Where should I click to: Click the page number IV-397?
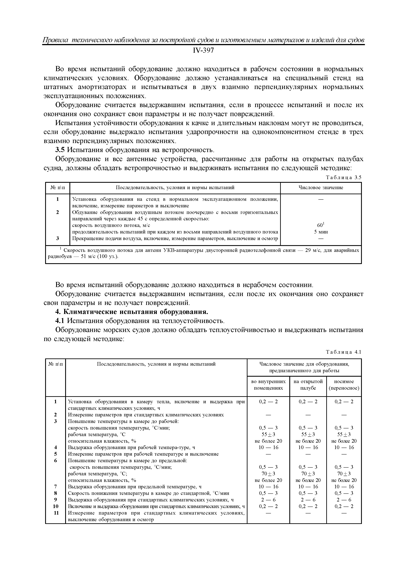coord(203,51)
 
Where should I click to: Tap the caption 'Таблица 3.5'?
coord(343,177)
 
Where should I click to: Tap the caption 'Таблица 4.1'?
coord(343,352)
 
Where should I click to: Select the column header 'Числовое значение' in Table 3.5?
coord(321,188)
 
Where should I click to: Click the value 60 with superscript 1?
coord(321,225)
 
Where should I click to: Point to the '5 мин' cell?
coord(321,232)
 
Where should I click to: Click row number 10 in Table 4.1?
coord(56,506)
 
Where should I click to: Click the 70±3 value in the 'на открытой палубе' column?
coord(308,474)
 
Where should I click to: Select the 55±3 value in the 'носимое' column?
coord(344,434)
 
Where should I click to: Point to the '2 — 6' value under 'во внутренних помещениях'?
coord(268,500)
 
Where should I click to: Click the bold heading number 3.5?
coord(60,150)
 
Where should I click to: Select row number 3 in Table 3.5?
coord(57,238)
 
